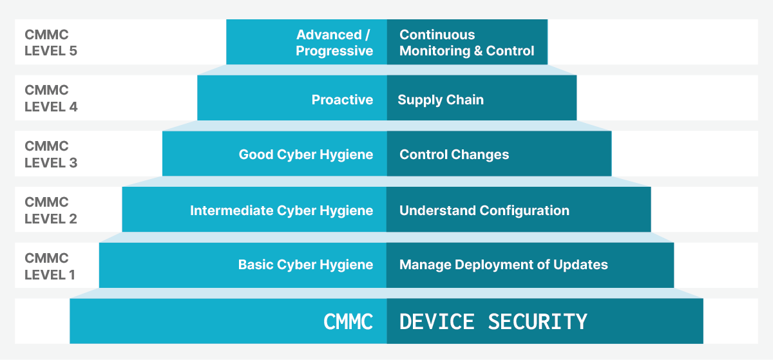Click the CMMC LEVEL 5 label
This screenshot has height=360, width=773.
click(x=51, y=43)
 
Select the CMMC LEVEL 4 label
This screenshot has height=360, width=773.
click(x=51, y=99)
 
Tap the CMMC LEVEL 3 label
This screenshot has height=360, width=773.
click(x=51, y=155)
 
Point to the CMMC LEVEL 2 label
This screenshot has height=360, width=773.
click(x=51, y=210)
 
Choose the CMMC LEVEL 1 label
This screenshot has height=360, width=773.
click(x=50, y=266)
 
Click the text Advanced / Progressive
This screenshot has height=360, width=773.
click(x=334, y=43)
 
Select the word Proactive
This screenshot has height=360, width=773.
click(x=342, y=100)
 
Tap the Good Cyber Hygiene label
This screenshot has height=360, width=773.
click(x=306, y=155)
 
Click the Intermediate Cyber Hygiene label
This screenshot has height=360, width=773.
click(x=282, y=211)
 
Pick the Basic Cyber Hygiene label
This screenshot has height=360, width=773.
click(x=305, y=265)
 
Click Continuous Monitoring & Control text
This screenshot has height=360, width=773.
click(x=466, y=43)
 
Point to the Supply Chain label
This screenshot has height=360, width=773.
click(x=441, y=100)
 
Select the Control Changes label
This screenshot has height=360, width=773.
click(x=454, y=155)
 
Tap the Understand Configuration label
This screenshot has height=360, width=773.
click(x=484, y=211)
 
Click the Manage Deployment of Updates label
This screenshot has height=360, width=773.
click(x=504, y=265)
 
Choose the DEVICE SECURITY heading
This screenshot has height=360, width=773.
click(x=493, y=322)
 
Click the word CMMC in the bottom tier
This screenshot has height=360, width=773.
click(x=348, y=322)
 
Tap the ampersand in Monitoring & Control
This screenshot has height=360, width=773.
click(x=478, y=51)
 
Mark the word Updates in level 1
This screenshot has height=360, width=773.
click(x=580, y=265)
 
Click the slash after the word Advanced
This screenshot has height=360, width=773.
click(x=367, y=35)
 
